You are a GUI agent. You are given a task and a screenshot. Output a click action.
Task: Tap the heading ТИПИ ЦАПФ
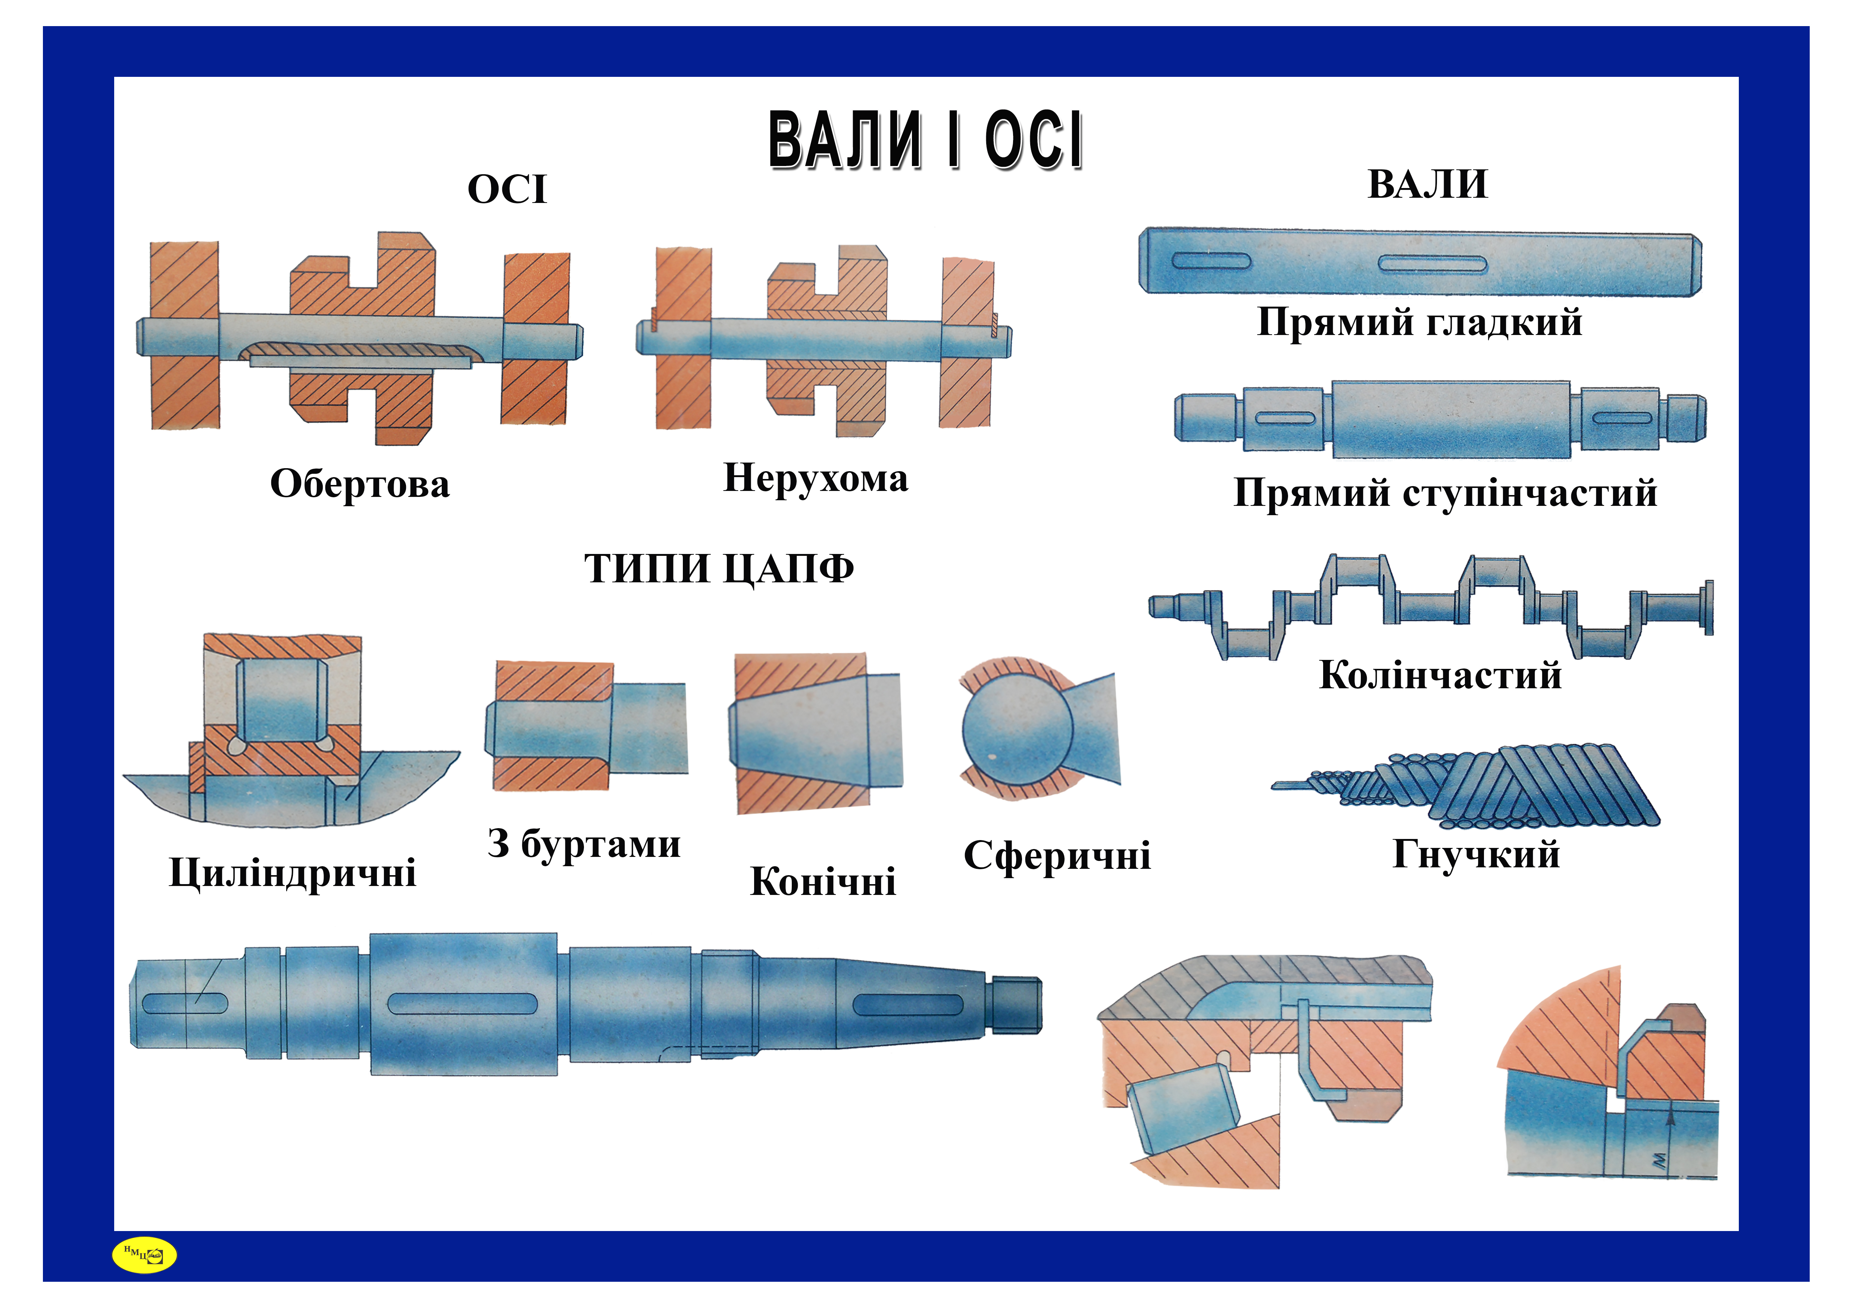click(718, 569)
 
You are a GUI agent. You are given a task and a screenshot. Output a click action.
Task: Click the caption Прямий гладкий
click(1419, 322)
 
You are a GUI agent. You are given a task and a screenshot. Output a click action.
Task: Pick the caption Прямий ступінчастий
click(1445, 492)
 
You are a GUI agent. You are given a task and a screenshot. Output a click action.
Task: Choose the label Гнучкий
click(1475, 854)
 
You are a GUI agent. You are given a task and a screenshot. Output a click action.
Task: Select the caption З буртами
click(584, 844)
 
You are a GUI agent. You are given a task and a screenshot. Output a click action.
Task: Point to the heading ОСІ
click(507, 190)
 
